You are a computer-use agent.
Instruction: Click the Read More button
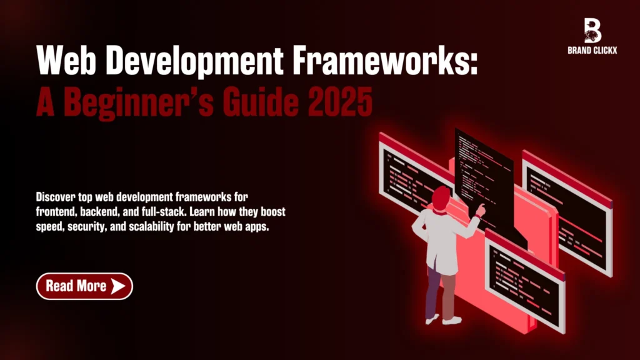click(84, 286)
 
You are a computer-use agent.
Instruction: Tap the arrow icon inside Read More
click(118, 286)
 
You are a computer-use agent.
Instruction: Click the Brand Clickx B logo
click(592, 30)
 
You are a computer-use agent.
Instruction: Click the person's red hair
click(441, 196)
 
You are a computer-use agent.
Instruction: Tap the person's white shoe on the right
click(452, 320)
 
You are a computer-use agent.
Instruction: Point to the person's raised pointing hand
click(481, 209)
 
